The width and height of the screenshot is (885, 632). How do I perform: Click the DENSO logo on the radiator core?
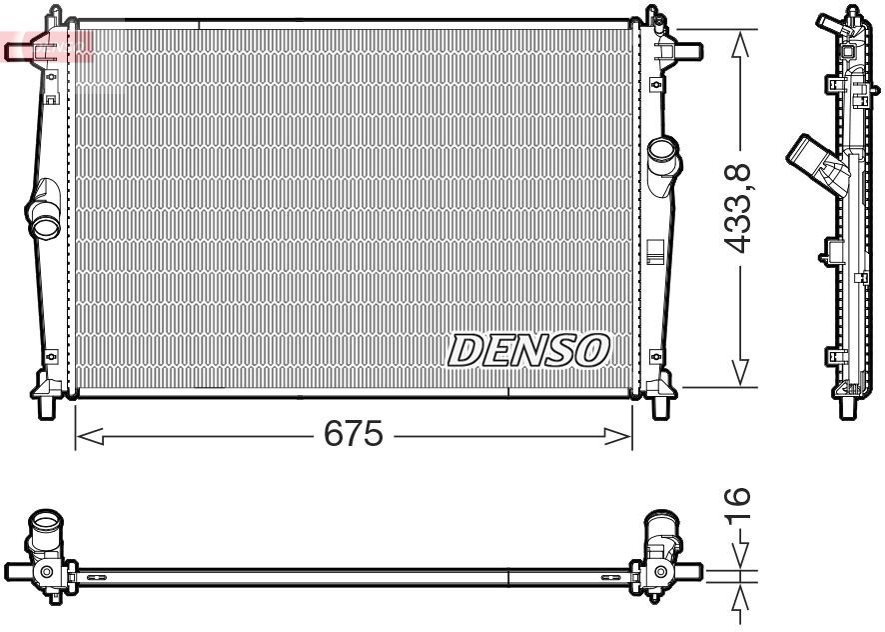click(527, 350)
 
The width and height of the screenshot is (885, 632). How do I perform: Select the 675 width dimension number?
click(354, 435)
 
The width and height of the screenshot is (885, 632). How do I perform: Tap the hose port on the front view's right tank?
click(661, 157)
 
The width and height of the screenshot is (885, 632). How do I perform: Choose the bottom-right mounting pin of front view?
click(660, 404)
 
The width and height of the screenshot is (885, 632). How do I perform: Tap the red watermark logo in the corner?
click(45, 45)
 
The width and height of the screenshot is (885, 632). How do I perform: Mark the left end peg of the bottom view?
click(16, 571)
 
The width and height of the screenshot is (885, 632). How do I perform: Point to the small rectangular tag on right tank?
click(654, 249)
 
